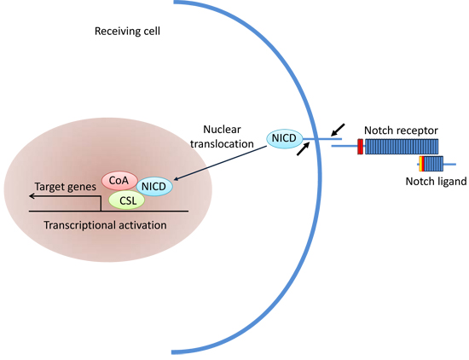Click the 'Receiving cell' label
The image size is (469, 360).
point(127,31)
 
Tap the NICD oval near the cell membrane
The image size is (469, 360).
point(284,138)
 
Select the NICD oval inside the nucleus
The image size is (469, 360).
point(154,187)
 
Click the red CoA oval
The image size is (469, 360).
point(119,181)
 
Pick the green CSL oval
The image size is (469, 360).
point(127,200)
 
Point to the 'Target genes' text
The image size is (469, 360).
point(65,187)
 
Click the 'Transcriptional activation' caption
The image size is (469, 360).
point(105,225)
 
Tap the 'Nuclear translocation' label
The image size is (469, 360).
point(222,136)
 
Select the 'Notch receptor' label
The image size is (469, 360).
point(401,131)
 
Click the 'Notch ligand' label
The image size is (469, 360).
point(436,182)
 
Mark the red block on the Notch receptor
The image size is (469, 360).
point(361,147)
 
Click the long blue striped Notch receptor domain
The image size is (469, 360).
point(402,147)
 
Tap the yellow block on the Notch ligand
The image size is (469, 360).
point(420,164)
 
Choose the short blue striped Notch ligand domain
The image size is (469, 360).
point(433,164)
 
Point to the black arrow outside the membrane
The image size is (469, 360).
point(338,130)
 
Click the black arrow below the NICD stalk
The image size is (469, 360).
point(303,148)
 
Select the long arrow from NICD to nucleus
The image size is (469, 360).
point(220,163)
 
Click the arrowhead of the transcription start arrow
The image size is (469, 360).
point(32,196)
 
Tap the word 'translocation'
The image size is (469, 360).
point(222,144)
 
